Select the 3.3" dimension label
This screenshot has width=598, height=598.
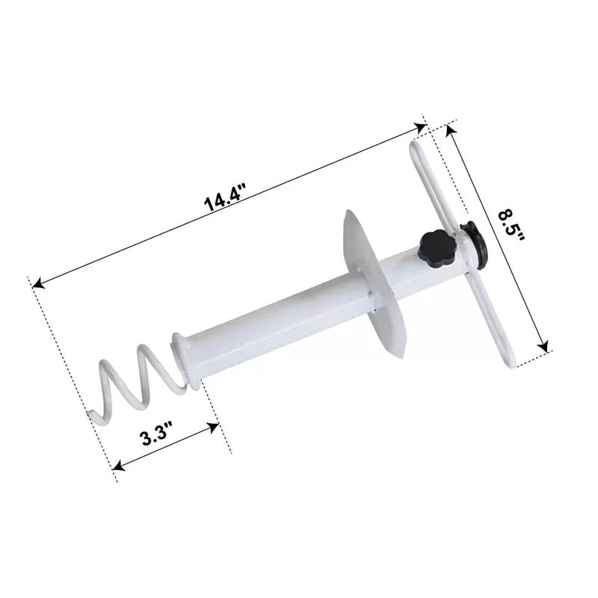[x=157, y=434]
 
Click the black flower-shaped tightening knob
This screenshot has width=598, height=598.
[x=433, y=247]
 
